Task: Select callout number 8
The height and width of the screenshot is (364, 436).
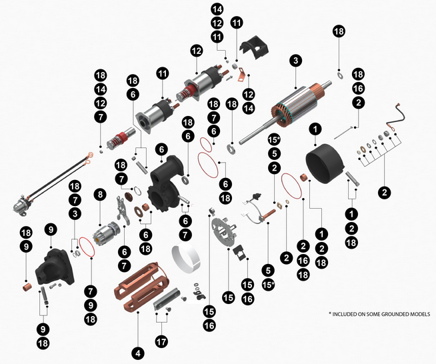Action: coord(100,195)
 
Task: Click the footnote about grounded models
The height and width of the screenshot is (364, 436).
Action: coord(380,313)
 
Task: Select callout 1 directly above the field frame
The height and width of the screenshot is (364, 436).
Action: coord(315,128)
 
